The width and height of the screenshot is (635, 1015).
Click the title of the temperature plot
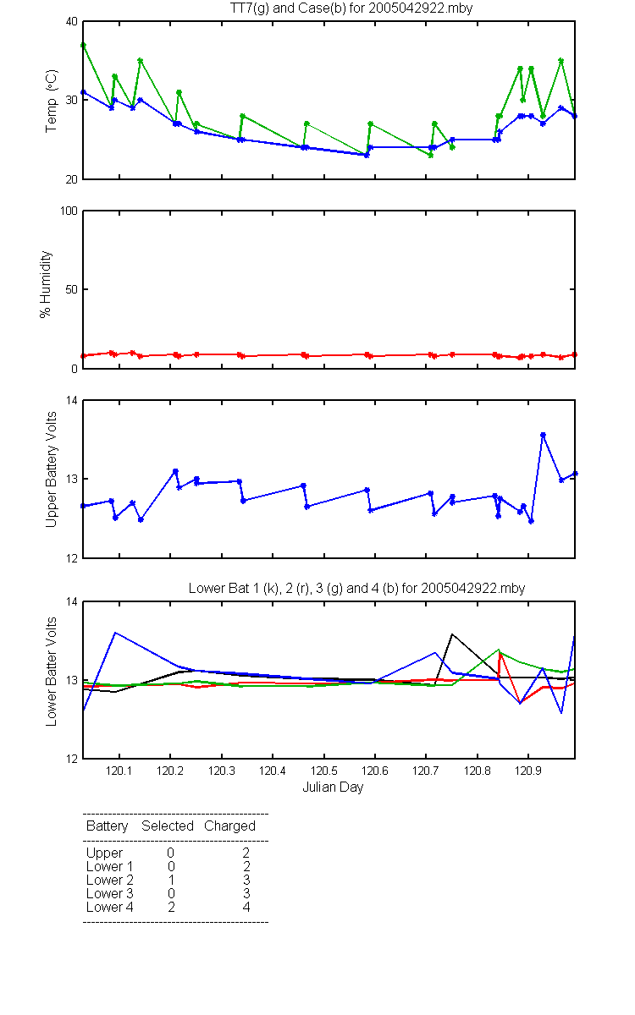351,8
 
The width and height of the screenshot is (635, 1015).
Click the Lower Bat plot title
356,588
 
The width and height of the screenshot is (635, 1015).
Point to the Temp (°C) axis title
52,101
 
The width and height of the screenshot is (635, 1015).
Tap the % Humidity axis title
46,284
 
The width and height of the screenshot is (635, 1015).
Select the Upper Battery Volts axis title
52,469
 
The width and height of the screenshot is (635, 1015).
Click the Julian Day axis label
333,787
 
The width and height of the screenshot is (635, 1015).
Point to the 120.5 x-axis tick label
323,771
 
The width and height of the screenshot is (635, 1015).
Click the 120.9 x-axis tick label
528,771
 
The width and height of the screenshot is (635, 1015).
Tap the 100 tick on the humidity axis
69,211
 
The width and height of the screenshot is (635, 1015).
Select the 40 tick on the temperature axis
72,22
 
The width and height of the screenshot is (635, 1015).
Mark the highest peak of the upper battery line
543,435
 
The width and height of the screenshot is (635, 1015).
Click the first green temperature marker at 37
84,46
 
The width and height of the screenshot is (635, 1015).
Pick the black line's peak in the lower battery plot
452,634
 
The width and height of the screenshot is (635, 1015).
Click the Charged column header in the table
229,826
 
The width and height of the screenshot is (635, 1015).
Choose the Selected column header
168,826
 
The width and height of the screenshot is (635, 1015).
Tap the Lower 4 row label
110,907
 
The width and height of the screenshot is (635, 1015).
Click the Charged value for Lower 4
246,907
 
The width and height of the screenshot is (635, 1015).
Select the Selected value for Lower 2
171,880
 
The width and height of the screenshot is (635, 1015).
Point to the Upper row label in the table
104,853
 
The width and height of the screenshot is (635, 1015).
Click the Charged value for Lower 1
246,866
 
